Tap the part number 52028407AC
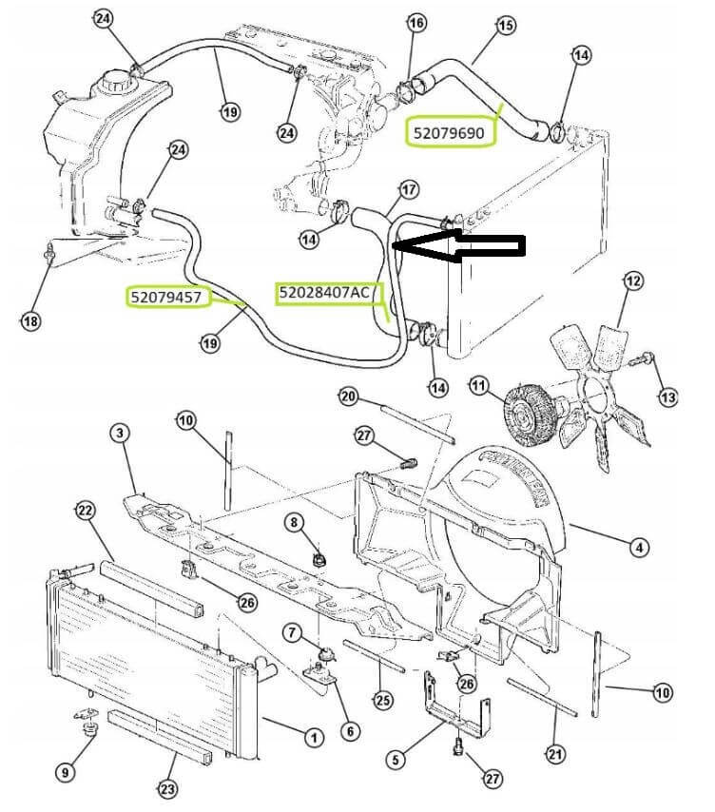[x=324, y=293]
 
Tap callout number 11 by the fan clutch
[x=478, y=387]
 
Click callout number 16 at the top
[x=416, y=23]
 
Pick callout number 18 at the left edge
[x=31, y=321]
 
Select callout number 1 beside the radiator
[x=311, y=735]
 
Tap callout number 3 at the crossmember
[x=119, y=434]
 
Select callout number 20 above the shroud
[x=348, y=396]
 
